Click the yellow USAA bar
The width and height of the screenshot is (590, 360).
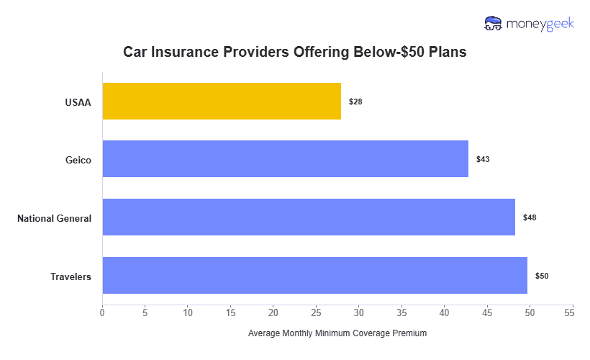coord(222,101)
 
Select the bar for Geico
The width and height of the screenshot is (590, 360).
coord(285,159)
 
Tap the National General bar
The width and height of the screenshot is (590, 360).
coord(309,217)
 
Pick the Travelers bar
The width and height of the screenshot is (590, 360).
coord(314,275)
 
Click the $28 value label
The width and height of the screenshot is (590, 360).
coord(355,102)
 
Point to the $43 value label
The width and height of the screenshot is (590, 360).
coord(483,159)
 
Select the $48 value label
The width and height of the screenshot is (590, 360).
coord(530,217)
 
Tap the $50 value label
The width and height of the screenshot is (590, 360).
coord(542,276)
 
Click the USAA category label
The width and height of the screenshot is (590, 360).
coord(78,102)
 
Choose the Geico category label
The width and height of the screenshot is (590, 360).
coord(78,160)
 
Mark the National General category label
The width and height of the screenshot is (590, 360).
coord(55,218)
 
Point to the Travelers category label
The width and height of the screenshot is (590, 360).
coord(71,276)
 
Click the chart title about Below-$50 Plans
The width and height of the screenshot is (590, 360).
coord(295,53)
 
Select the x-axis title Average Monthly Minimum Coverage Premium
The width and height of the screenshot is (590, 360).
coord(337,333)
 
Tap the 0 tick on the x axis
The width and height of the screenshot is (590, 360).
coord(102,312)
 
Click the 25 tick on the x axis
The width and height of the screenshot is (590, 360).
coord(316,312)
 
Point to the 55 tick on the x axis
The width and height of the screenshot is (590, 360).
coord(573,312)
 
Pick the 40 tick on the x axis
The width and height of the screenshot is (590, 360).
coord(445,312)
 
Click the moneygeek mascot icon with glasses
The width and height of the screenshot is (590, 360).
coord(494,24)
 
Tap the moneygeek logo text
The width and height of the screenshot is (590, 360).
coord(540,24)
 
